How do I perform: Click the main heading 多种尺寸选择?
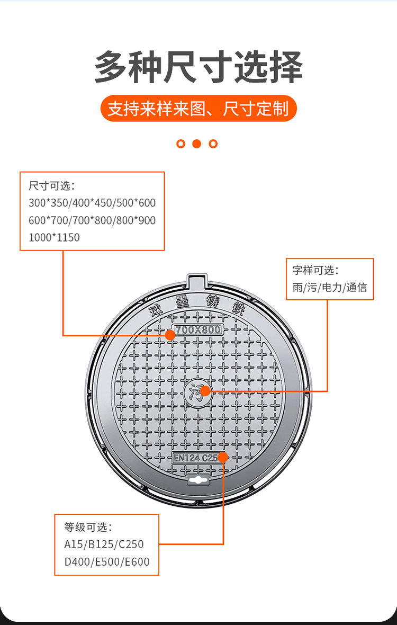[198, 67]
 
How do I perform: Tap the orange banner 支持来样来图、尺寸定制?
[198, 109]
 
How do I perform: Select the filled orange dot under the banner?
[197, 144]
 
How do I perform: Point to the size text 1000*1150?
[54, 238]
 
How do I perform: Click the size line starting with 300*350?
[92, 203]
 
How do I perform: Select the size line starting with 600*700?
[92, 220]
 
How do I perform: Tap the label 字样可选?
[315, 270]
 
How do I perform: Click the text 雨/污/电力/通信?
[330, 288]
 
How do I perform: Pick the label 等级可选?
[88, 528]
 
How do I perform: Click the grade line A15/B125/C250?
[104, 544]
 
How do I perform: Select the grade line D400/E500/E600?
[107, 562]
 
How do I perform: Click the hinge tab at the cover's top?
[197, 282]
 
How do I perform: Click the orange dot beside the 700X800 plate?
[170, 335]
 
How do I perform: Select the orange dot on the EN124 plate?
[223, 457]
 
